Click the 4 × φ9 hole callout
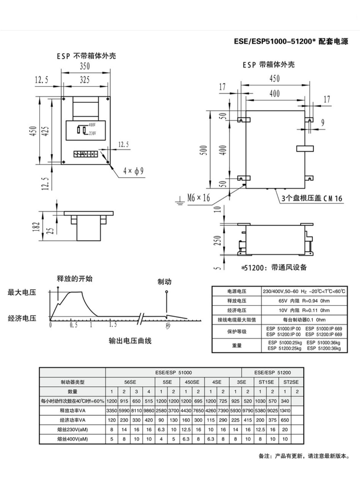(x=133, y=171)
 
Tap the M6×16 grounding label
(x=198, y=197)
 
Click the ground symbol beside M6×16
(x=179, y=201)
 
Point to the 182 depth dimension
(x=36, y=227)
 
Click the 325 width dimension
(x=85, y=80)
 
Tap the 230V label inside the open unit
(x=93, y=133)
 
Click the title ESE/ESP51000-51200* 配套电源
(x=291, y=41)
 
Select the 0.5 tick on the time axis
(x=73, y=325)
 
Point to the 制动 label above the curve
(x=165, y=282)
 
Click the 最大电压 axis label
(x=22, y=292)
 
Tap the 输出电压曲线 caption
(x=130, y=341)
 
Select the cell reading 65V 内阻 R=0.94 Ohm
(x=304, y=301)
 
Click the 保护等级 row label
(x=237, y=332)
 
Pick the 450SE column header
(x=192, y=382)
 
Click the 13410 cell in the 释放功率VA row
(x=285, y=411)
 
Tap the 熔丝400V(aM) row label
(x=72, y=439)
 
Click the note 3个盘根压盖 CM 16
(x=312, y=198)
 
